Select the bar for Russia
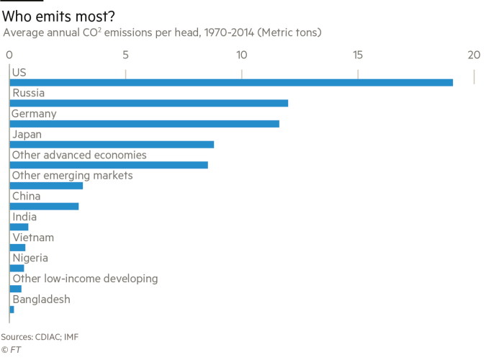149,103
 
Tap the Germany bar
145,124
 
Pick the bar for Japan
112,145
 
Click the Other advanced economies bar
109,165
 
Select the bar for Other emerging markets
47,186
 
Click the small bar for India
19,227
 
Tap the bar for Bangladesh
12,310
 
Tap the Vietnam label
33,238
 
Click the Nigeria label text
30,258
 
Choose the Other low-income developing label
85,279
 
